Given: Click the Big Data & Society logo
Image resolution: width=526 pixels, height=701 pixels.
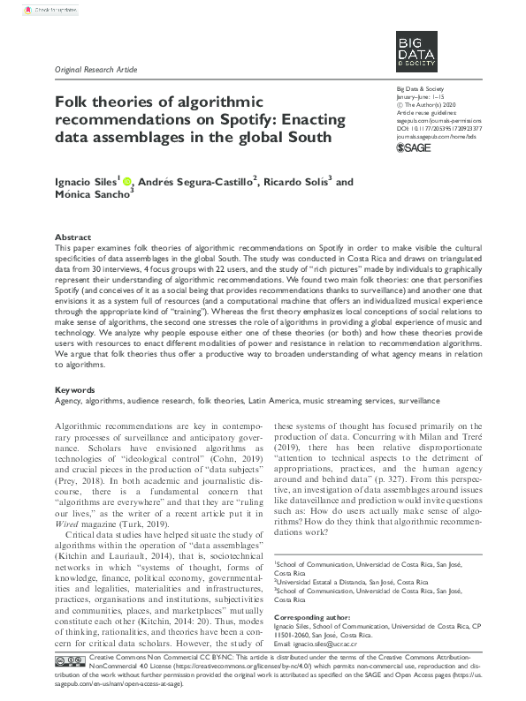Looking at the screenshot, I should pyautogui.click(x=417, y=52).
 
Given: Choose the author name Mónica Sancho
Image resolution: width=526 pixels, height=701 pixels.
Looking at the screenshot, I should pyautogui.click(x=93, y=199).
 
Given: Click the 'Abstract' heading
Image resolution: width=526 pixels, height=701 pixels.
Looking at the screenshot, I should pyautogui.click(x=72, y=238).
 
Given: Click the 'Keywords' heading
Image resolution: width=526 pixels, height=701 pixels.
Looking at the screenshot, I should pyautogui.click(x=75, y=389).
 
